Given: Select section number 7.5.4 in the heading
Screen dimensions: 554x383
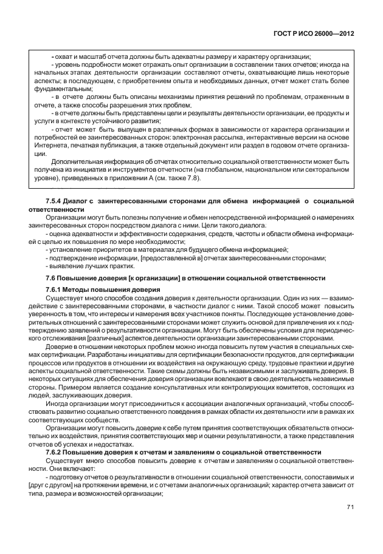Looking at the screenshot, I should click(55, 201).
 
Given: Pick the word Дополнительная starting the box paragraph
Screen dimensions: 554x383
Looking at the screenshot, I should click(75, 162).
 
